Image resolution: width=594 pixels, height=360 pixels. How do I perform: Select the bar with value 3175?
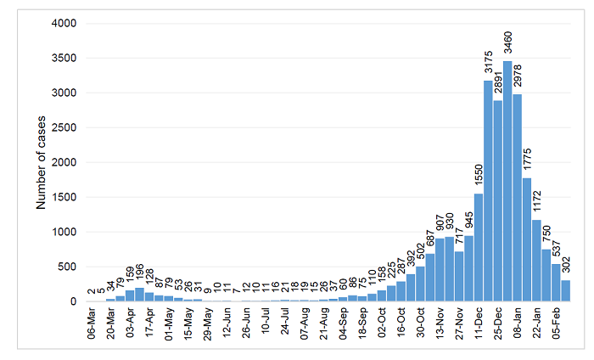488,191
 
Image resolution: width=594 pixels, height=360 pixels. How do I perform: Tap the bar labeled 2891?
498,201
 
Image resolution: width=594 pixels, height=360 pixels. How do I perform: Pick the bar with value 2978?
518,198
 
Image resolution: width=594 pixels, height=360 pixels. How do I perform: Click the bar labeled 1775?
527,240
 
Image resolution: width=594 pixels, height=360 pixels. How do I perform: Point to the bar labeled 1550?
479,248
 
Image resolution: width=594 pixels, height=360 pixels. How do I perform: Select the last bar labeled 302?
566,291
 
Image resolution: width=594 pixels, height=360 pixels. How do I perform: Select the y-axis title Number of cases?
40,161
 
